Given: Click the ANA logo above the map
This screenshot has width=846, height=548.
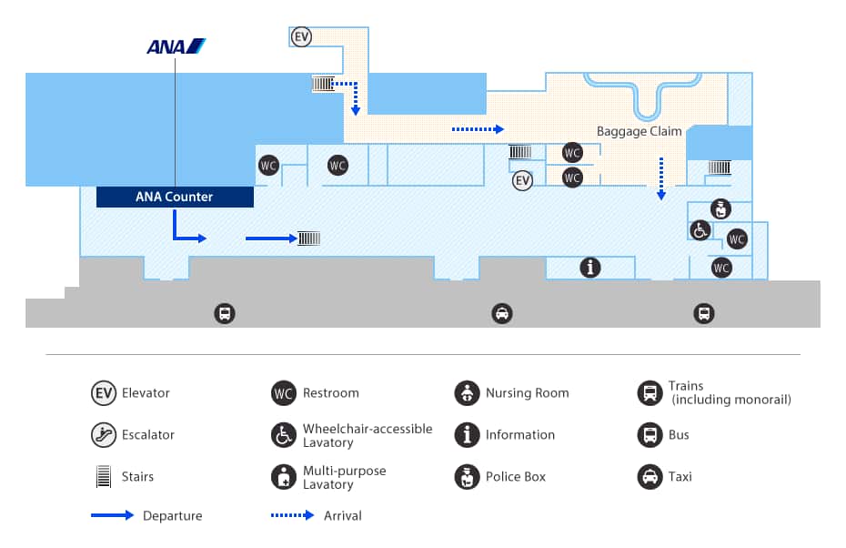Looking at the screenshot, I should (x=176, y=46).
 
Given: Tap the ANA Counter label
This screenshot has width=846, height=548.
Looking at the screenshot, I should (x=174, y=197).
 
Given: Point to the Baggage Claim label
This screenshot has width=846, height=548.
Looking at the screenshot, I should (x=639, y=131).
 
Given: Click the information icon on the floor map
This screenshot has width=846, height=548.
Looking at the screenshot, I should (x=591, y=268).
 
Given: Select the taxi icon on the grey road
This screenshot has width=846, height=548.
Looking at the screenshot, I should (x=501, y=314).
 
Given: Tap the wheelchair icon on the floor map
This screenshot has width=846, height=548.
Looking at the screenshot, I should (x=700, y=230).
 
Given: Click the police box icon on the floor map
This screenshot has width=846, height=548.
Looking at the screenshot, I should (x=720, y=209).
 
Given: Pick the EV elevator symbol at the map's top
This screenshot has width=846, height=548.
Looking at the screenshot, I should (x=302, y=37).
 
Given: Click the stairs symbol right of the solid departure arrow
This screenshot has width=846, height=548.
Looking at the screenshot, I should (x=308, y=238).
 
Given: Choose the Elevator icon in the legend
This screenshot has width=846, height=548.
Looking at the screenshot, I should (x=103, y=393).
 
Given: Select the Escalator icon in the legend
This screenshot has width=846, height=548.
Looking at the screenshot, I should (x=103, y=435).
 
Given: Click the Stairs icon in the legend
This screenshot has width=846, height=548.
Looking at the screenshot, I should (x=103, y=476).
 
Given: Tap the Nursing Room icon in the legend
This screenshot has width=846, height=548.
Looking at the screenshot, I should (x=467, y=393).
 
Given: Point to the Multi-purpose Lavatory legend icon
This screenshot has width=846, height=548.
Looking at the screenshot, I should (x=284, y=476).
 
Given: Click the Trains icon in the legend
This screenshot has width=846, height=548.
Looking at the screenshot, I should (x=650, y=393).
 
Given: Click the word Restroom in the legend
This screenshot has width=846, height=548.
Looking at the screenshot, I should (x=330, y=393).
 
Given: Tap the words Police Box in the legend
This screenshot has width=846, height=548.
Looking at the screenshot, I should (x=515, y=476).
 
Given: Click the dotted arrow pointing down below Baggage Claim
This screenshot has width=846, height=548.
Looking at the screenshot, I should (x=661, y=178).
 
